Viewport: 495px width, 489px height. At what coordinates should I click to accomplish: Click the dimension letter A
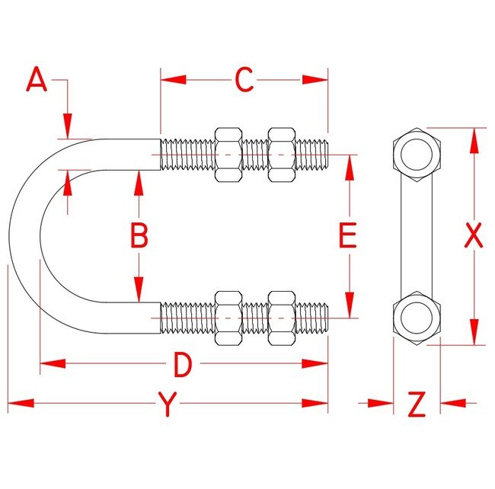click(36, 80)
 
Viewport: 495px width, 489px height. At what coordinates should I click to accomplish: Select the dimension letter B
click(139, 236)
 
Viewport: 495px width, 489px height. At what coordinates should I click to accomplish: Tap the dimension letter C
click(244, 80)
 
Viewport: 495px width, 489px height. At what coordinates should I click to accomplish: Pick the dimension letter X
click(474, 236)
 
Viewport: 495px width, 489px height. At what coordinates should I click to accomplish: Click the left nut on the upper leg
click(229, 155)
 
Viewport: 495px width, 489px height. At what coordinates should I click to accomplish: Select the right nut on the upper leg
click(282, 155)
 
